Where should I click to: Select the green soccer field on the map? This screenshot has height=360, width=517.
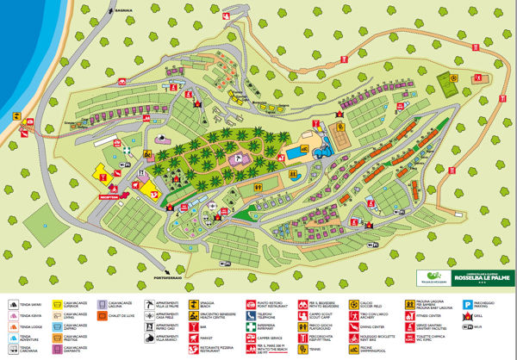coord(449,84)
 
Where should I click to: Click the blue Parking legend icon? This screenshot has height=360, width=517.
coord(468,304)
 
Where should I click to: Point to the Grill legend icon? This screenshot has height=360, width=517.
coord(468,316)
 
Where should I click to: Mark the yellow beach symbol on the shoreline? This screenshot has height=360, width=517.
coord(16,115)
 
